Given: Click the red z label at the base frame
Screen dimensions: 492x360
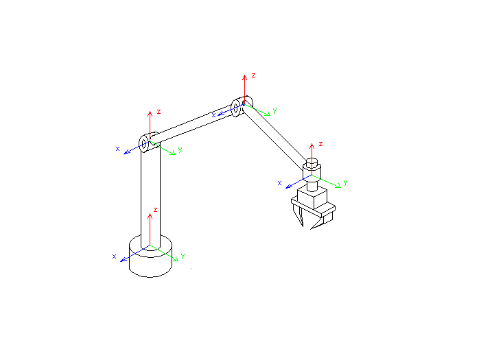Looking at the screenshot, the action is coord(155,210).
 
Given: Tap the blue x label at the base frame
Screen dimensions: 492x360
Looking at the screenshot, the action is coord(114,256).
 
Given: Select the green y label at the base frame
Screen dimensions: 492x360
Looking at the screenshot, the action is coord(183,256).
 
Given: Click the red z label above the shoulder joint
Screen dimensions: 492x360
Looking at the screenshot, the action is coord(159,112).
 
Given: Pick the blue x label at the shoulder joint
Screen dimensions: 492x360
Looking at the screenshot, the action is coord(117,149).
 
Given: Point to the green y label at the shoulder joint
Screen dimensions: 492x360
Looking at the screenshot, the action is coord(180,149).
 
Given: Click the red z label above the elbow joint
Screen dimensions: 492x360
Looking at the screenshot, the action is coord(253,75).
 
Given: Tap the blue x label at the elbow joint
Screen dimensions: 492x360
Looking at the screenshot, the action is coord(213,115).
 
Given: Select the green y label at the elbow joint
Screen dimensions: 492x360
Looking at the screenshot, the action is coord(275,110).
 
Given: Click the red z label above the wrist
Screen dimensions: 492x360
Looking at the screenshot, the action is coord(320,144).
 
